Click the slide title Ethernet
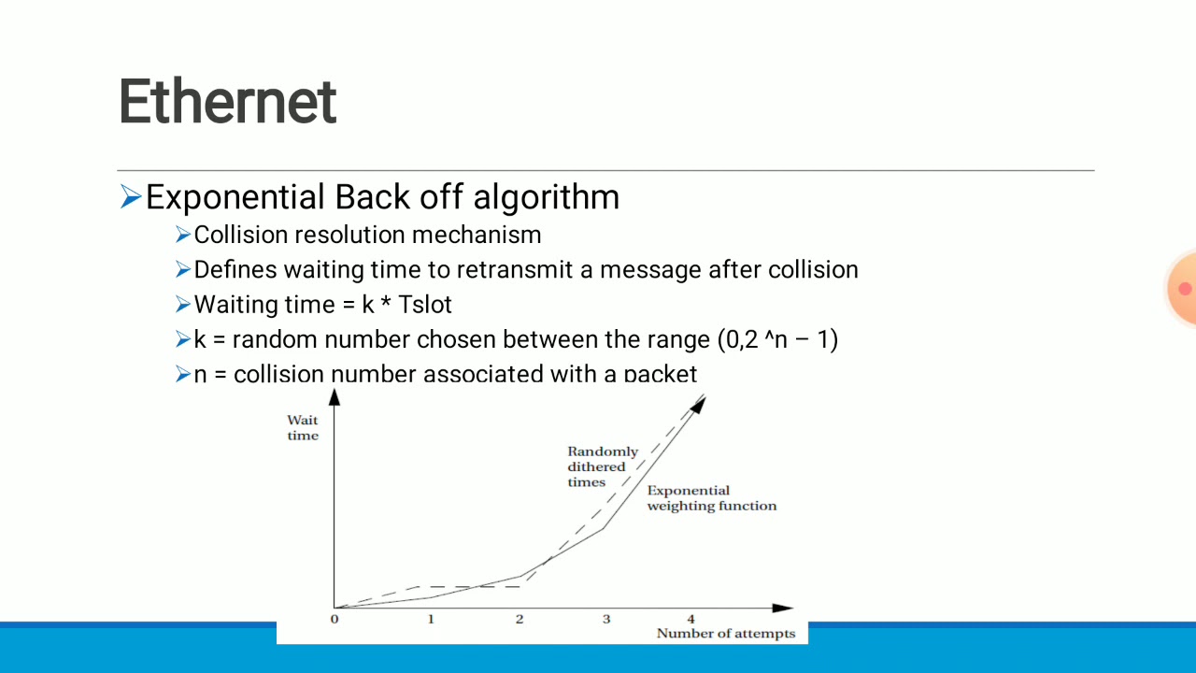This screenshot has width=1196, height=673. (227, 102)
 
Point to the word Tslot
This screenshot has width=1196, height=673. (424, 305)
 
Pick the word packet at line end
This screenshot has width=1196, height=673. (661, 375)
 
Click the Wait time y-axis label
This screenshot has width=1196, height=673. (303, 428)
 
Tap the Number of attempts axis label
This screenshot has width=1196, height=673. (725, 634)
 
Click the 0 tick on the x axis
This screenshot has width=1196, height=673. (335, 620)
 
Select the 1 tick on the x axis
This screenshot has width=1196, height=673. (430, 620)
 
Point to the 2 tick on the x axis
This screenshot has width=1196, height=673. (520, 620)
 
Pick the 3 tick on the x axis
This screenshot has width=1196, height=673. (605, 620)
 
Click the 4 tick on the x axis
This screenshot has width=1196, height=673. (691, 620)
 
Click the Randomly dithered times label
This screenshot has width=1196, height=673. (602, 466)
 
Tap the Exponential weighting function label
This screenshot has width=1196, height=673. (711, 498)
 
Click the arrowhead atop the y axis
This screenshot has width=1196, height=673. (335, 396)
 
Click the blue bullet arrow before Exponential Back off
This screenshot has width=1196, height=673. (131, 197)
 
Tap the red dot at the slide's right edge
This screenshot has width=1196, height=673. (1185, 289)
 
